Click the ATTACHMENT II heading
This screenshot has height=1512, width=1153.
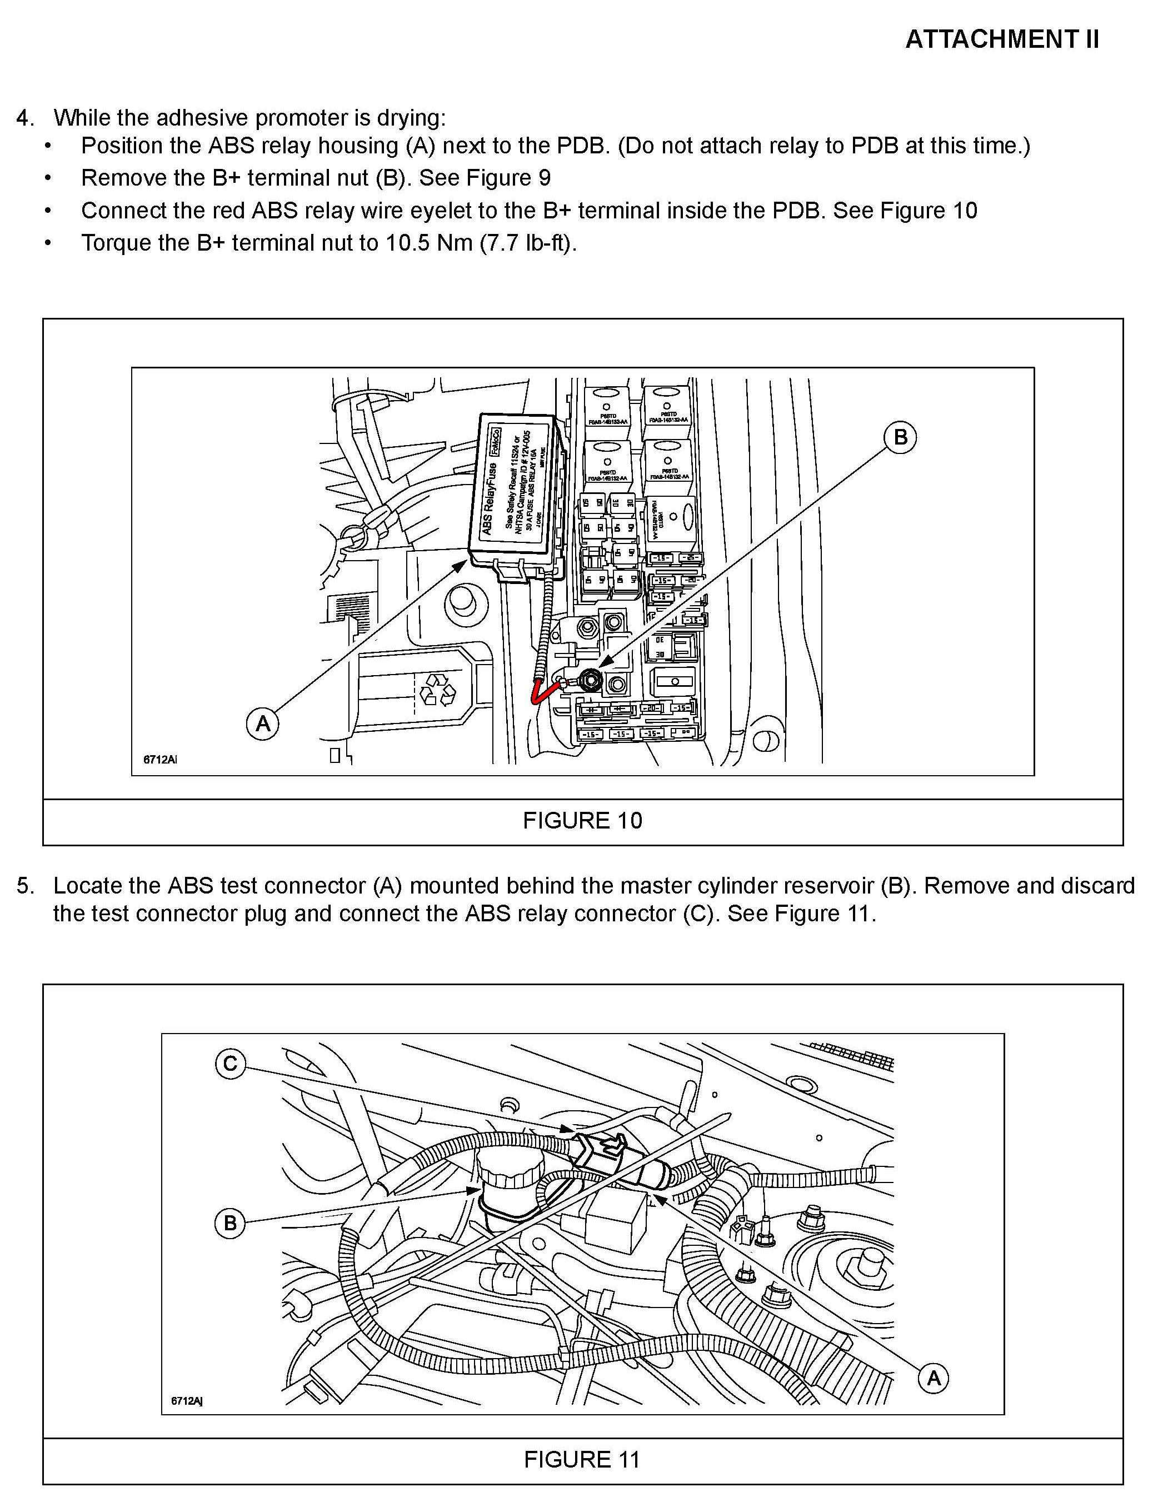click(1002, 40)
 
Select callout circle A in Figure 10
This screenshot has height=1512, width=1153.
click(263, 723)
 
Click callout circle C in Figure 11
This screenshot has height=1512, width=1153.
click(230, 1064)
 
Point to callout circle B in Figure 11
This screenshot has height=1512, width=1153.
click(230, 1222)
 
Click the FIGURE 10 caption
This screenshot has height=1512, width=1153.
click(582, 820)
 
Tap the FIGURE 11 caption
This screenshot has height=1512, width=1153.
click(582, 1459)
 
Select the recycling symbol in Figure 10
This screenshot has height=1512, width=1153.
click(437, 689)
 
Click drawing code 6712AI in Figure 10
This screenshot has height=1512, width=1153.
click(160, 760)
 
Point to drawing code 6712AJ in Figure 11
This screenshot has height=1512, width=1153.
click(187, 1401)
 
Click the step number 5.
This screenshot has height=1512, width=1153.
click(24, 886)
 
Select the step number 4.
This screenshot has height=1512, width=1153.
click(24, 118)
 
